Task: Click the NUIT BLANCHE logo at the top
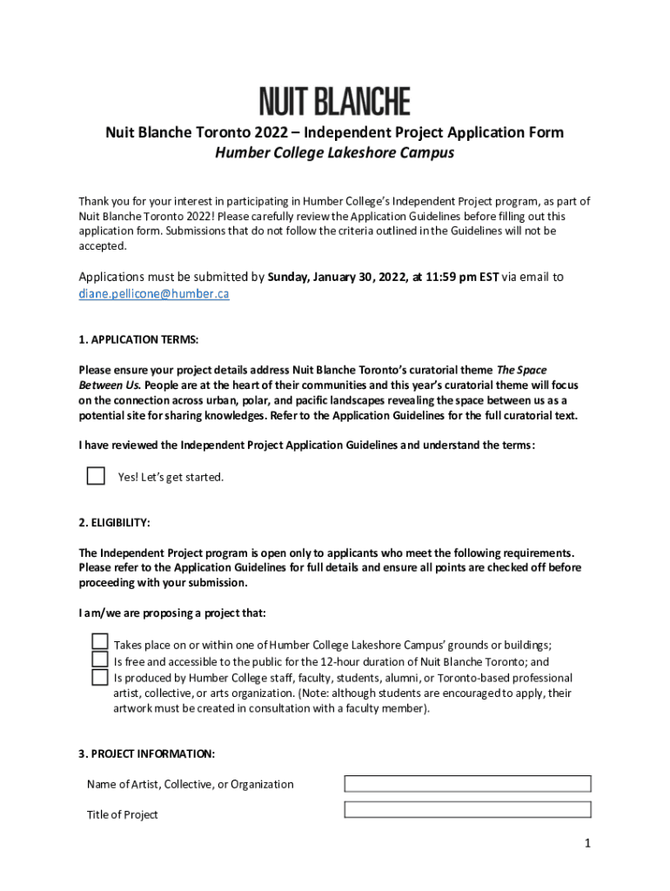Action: click(x=334, y=103)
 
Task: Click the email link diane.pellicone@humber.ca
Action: click(x=154, y=294)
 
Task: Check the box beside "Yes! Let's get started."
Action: click(x=96, y=476)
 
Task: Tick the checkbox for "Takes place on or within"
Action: click(x=100, y=642)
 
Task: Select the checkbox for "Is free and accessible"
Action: click(x=100, y=660)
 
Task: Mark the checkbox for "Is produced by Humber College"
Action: click(x=100, y=677)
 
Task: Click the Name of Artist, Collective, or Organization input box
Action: click(x=467, y=784)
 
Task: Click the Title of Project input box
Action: click(x=467, y=810)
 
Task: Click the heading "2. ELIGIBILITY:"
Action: click(x=114, y=523)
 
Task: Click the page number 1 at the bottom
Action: click(x=588, y=843)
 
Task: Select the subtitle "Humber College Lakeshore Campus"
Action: click(x=334, y=153)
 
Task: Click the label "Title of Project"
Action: click(x=123, y=815)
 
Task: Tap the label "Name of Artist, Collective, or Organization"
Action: click(x=190, y=785)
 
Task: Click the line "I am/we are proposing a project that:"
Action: click(x=172, y=613)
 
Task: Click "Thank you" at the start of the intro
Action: click(x=103, y=202)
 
